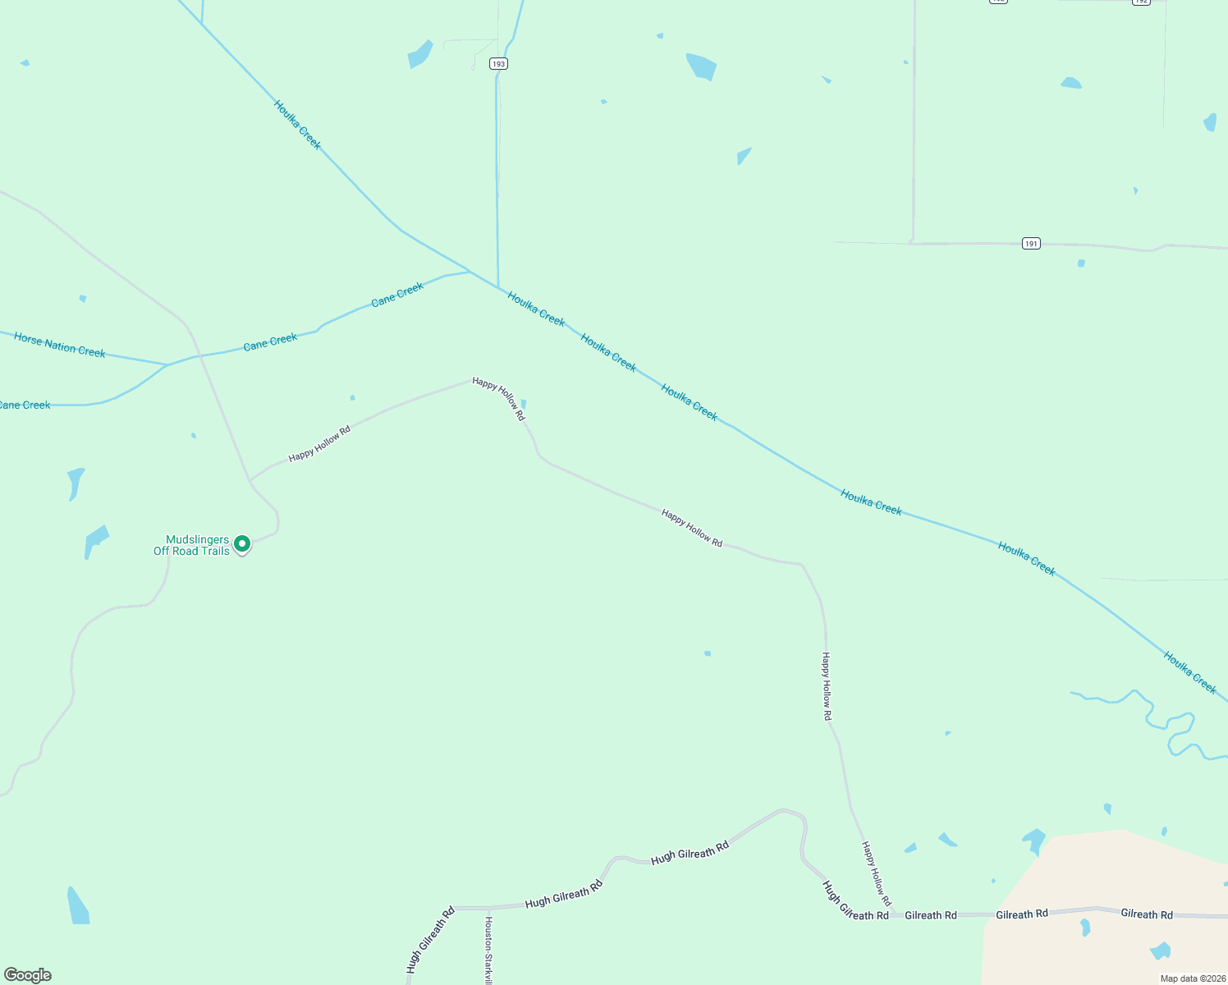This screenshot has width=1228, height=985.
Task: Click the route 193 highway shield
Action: pyautogui.click(x=498, y=63)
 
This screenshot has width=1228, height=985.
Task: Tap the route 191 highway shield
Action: pyautogui.click(x=1031, y=243)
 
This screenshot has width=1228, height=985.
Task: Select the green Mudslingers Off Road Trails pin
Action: pyautogui.click(x=242, y=544)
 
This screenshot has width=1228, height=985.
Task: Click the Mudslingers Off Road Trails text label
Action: pyautogui.click(x=192, y=545)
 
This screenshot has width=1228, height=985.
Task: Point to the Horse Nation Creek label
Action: pyautogui.click(x=60, y=346)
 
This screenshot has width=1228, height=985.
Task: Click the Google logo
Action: pyautogui.click(x=28, y=975)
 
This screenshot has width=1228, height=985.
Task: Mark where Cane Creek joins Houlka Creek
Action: pyautogui.click(x=470, y=271)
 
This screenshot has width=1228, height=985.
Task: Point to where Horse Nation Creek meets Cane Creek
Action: pyautogui.click(x=167, y=364)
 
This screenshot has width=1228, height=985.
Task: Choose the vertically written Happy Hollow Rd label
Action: pyautogui.click(x=827, y=686)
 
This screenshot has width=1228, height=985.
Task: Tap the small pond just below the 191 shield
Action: pyautogui.click(x=1081, y=263)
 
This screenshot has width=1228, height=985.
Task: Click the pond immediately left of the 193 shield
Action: pyautogui.click(x=419, y=54)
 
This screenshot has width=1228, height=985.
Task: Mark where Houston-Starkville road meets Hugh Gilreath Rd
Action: pyautogui.click(x=489, y=909)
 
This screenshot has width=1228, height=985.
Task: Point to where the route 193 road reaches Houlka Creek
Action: pyautogui.click(x=498, y=287)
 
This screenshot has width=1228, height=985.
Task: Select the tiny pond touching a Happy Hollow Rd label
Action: pyautogui.click(x=523, y=403)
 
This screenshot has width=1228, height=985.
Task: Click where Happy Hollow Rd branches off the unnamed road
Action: pyautogui.click(x=250, y=480)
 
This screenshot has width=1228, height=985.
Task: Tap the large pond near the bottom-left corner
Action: pyautogui.click(x=78, y=906)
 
